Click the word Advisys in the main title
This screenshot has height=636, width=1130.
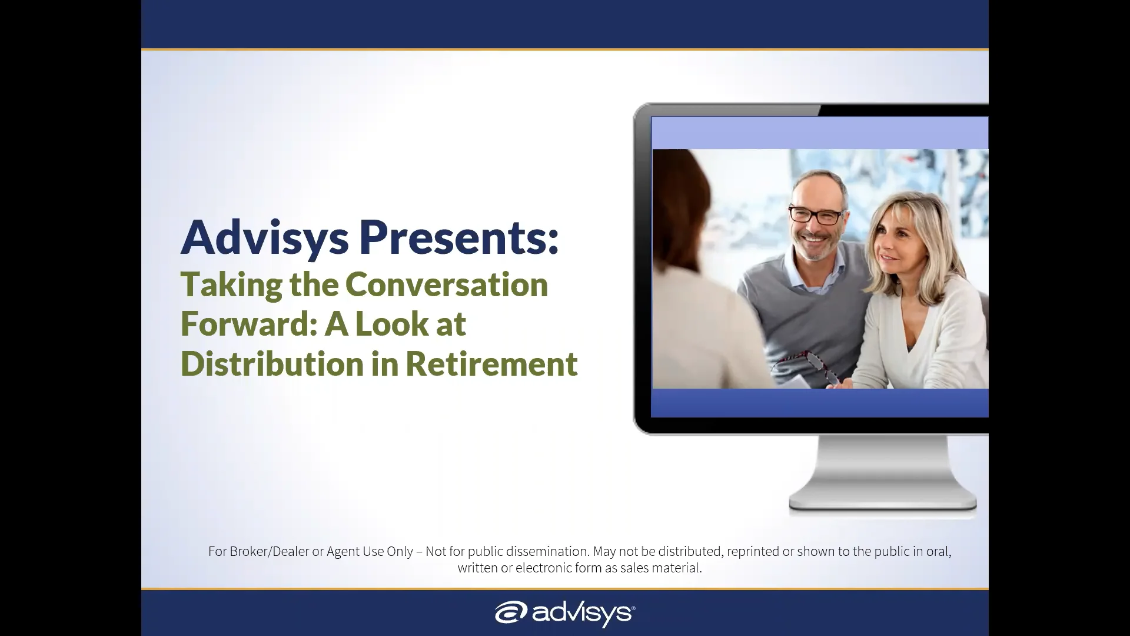pos(264,237)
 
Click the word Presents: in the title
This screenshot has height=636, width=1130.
pos(458,237)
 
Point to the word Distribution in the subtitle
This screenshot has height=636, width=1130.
pos(272,363)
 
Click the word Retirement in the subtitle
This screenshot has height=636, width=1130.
pos(491,363)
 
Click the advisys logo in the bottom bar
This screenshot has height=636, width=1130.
pos(564,613)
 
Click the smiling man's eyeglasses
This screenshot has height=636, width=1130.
pos(816,215)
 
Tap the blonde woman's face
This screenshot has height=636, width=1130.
pos(896,238)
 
